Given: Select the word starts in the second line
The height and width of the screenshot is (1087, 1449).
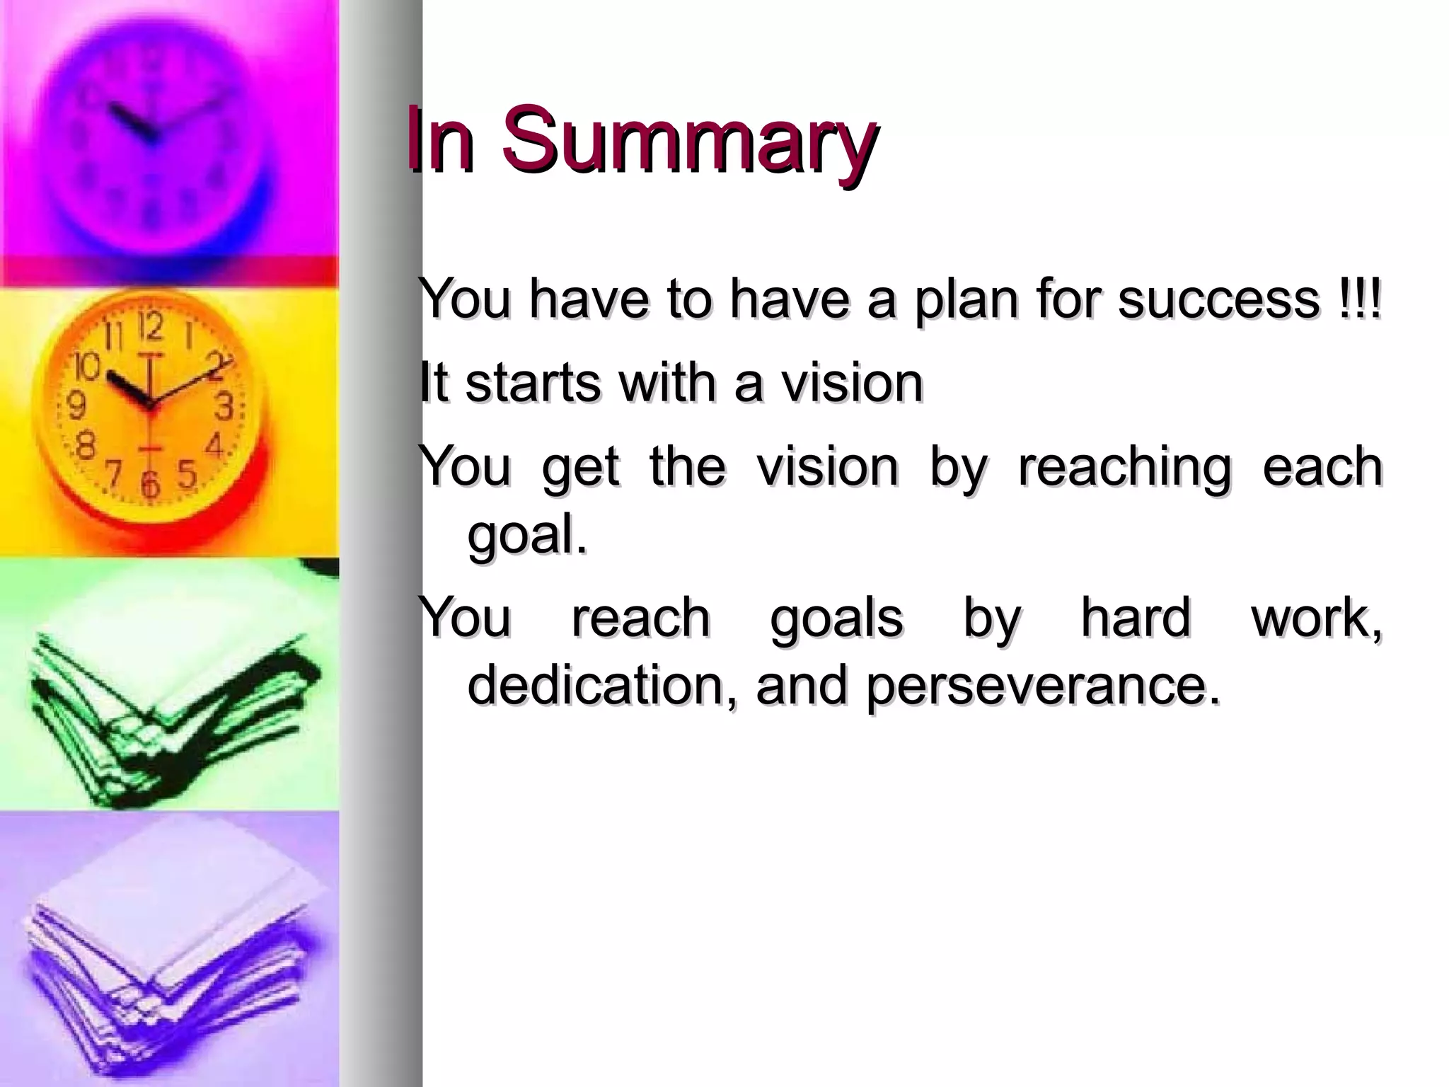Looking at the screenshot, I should point(531,382).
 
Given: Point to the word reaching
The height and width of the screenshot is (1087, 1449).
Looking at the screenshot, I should point(1125,467).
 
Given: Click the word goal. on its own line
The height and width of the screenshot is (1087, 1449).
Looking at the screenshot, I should point(527,535).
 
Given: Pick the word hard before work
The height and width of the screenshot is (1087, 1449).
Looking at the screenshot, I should point(1136,617).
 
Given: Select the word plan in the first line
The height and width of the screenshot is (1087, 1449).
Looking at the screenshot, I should point(966,300).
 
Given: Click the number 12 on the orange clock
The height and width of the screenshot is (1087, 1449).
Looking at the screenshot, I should point(149,326).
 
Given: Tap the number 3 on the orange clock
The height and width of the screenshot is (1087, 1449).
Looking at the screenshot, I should point(224,407).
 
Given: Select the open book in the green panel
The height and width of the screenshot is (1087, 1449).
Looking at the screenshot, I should point(170,701).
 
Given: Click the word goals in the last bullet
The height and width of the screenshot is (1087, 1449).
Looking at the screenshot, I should point(836,617).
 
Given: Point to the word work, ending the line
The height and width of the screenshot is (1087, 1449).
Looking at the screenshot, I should point(1316,617).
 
